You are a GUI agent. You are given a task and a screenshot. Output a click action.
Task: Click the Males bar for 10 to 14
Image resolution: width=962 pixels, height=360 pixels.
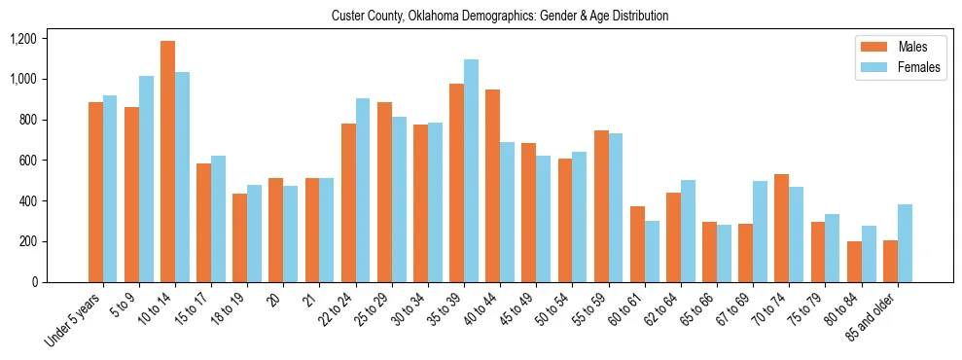(167, 162)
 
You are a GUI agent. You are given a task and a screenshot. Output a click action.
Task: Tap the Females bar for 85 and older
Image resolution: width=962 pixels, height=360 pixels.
(905, 243)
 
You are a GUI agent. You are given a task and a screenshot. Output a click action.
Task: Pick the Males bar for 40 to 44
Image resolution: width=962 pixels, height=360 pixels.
(492, 186)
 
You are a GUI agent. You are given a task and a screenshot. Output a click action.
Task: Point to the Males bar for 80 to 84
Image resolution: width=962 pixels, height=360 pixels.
(854, 262)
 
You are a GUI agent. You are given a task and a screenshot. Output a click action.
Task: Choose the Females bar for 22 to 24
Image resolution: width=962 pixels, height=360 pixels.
(363, 190)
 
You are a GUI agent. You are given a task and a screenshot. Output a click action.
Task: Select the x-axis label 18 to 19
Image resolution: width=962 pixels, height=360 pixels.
(232, 306)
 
